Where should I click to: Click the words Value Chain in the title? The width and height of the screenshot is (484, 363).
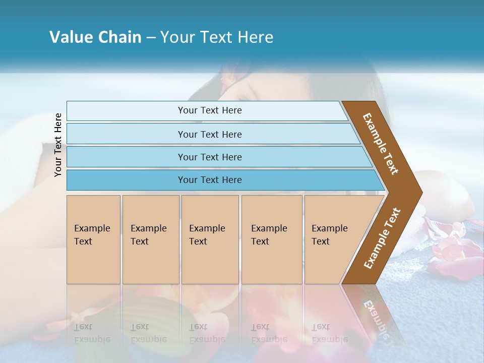[95, 37]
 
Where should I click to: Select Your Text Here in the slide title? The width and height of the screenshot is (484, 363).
[217, 37]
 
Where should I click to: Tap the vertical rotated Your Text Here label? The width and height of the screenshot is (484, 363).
[58, 145]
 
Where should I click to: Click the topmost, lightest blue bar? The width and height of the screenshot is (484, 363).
[209, 110]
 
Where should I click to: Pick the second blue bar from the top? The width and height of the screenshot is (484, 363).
[209, 134]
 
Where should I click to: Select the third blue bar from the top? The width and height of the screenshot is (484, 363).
[209, 157]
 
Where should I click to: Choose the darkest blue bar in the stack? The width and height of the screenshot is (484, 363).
[209, 180]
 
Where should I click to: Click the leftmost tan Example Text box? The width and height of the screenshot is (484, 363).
[93, 239]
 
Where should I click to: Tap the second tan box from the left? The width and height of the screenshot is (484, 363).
[150, 239]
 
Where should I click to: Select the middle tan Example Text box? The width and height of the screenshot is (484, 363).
[210, 239]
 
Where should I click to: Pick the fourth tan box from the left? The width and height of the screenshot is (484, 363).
[272, 239]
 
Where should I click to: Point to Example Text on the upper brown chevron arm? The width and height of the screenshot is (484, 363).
[381, 143]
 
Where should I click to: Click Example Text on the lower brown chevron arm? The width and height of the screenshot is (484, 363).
[382, 238]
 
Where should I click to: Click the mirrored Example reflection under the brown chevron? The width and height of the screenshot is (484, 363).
[376, 318]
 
